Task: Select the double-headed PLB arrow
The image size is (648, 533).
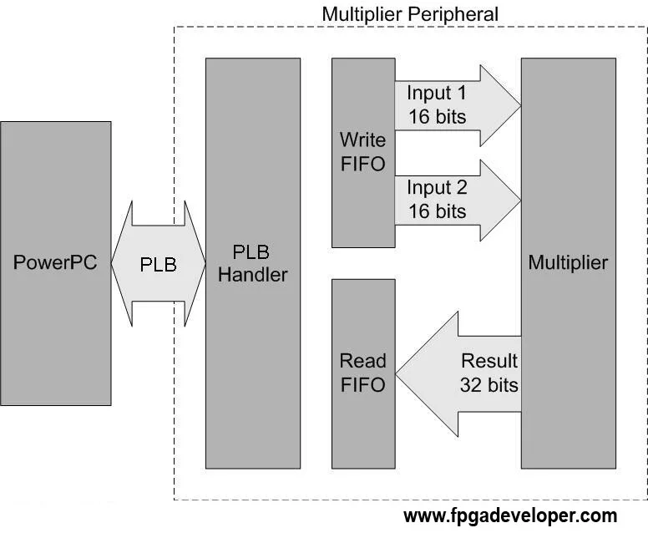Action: coord(158,264)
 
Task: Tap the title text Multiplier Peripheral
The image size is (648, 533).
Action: coord(409,14)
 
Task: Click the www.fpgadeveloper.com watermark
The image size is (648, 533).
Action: coord(510,515)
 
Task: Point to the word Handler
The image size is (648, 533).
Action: coord(252,274)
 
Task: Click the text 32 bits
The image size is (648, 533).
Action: coord(489,385)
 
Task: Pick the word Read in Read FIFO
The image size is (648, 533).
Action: coord(362,361)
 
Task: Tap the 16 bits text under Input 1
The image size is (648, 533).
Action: coord(438,116)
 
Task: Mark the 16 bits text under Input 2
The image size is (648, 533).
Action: coord(438,211)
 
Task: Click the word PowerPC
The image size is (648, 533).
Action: coord(55,262)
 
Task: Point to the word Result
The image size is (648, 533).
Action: coord(489,361)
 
